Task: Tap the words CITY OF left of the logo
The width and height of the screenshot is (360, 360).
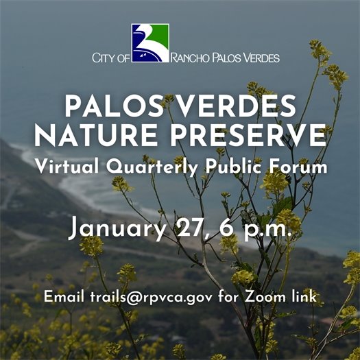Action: click(110, 58)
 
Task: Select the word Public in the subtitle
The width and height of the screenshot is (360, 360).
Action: click(232, 166)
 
